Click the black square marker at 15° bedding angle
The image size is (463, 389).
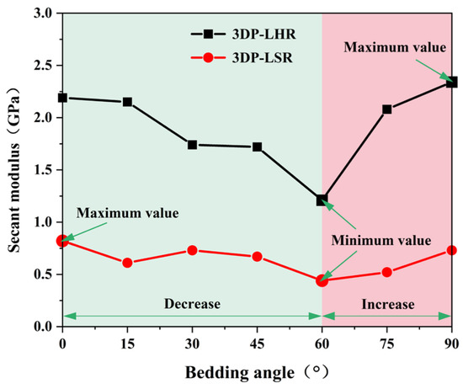(127, 102)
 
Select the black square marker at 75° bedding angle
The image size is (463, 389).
(387, 109)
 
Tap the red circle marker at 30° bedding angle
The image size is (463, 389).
(192, 250)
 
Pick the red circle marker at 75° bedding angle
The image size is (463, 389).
(387, 272)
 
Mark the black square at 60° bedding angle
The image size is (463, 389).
(322, 200)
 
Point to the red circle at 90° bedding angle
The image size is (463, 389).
(451, 250)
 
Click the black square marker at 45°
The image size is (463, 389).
(258, 147)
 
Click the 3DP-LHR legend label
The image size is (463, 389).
(263, 35)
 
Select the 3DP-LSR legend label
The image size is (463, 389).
(262, 57)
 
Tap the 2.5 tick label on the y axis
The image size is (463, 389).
(44, 66)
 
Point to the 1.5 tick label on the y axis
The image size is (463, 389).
(44, 170)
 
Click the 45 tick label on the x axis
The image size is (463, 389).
(258, 344)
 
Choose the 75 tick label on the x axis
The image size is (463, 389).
(387, 344)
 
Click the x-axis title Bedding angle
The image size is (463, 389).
(239, 372)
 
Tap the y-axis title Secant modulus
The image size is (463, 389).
(13, 198)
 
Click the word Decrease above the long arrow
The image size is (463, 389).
(192, 304)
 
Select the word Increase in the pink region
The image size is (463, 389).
(388, 304)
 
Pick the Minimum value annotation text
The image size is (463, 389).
(381, 241)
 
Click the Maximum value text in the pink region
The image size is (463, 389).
(395, 47)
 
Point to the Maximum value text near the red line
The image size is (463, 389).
(128, 213)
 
